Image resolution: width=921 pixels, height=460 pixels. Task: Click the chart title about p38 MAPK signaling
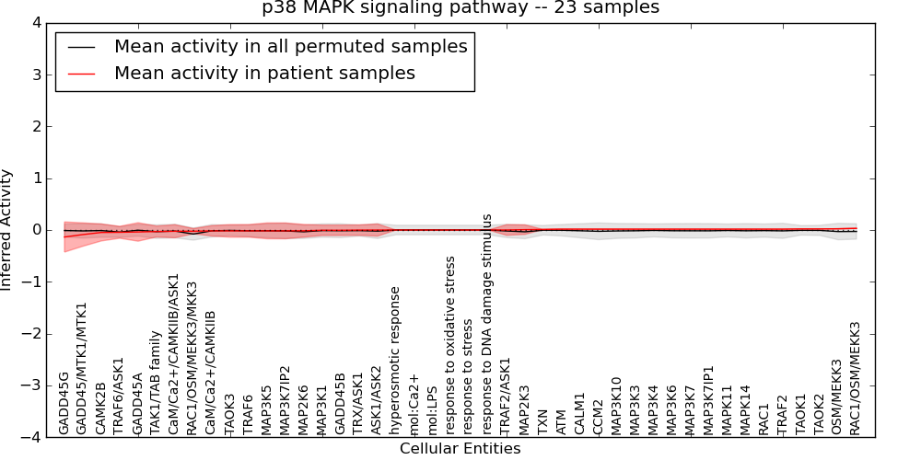pos(460,8)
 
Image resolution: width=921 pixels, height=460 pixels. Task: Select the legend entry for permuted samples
pos(290,46)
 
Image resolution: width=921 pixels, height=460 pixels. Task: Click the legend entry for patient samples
pos(264,73)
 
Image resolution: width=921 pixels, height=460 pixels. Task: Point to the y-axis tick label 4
pos(36,23)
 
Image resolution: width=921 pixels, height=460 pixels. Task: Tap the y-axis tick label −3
pos(32,385)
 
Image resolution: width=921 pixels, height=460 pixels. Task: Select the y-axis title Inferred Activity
pos(7,230)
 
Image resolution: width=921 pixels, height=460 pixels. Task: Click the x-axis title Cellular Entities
pos(460,449)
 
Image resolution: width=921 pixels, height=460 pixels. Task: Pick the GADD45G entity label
pos(64,403)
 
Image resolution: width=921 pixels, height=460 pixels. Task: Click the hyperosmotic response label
pos(395,360)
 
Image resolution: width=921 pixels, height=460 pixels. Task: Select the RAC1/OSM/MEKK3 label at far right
pos(855,377)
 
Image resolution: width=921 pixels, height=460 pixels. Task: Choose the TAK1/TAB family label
pos(156,383)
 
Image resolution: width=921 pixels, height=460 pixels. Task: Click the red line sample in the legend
pos(80,73)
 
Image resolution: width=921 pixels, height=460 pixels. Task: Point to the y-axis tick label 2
pos(36,126)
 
